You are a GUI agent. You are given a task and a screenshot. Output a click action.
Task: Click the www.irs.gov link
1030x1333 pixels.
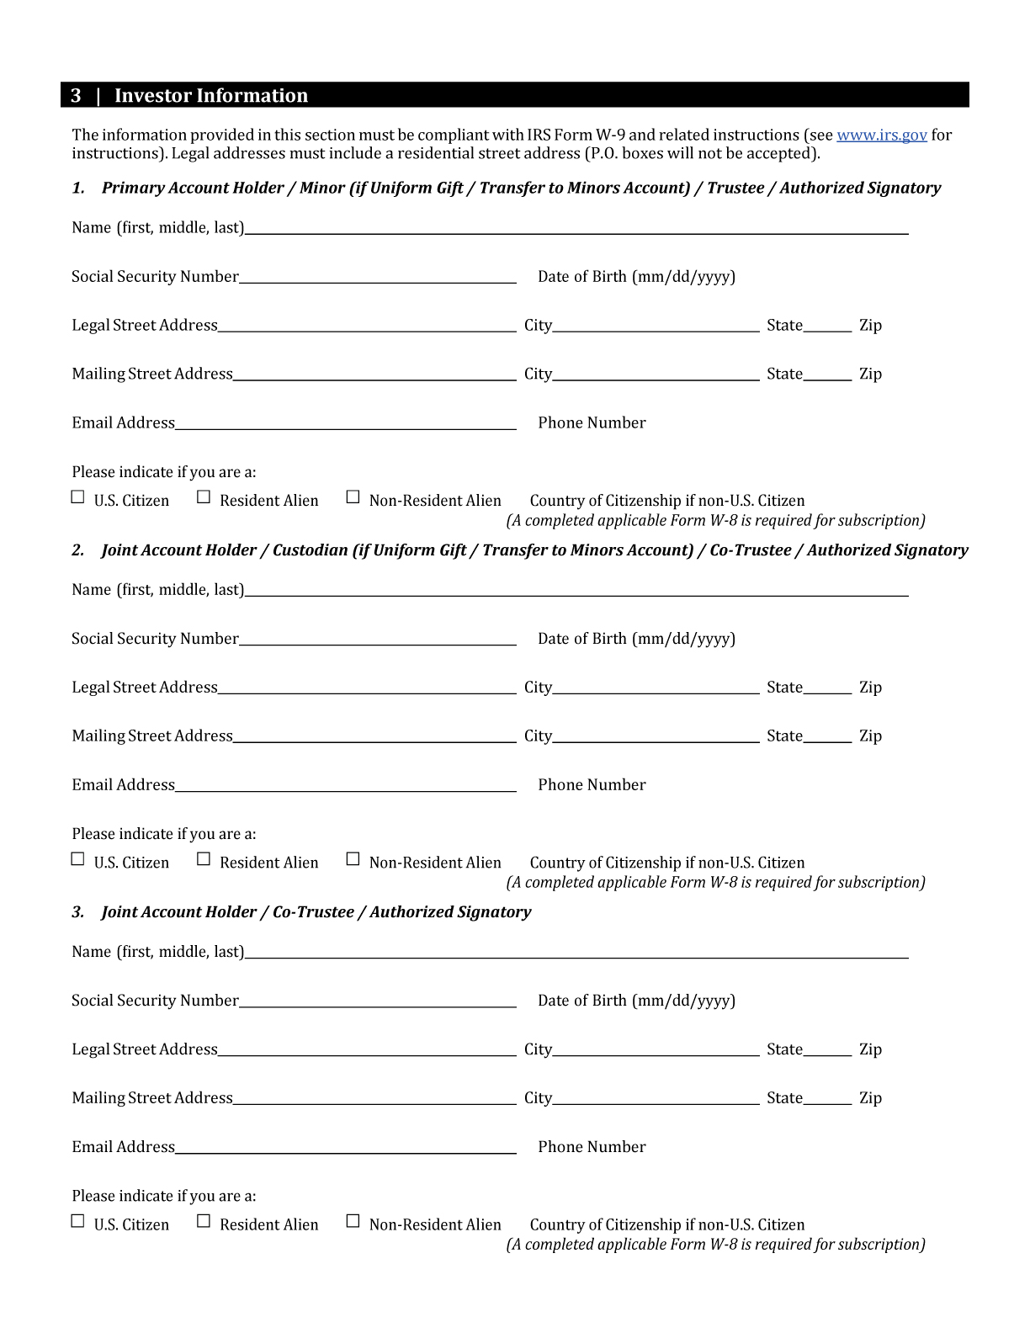point(881,135)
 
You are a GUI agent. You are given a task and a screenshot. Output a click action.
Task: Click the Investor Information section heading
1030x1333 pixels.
point(210,95)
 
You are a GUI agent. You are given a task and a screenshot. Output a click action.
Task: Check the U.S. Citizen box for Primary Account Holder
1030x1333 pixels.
point(78,497)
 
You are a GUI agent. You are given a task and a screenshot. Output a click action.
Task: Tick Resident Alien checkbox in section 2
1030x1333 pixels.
point(204,859)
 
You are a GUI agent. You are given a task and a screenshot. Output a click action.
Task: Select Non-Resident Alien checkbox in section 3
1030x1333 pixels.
point(353,1221)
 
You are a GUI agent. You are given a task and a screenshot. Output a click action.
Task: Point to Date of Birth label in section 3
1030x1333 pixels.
point(636,1001)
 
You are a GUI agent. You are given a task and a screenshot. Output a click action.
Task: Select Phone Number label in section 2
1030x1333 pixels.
point(592,785)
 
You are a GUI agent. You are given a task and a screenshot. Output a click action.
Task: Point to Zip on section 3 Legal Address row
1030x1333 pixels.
point(870,1049)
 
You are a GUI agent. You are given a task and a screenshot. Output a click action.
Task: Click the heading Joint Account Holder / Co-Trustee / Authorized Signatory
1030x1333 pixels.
point(316,912)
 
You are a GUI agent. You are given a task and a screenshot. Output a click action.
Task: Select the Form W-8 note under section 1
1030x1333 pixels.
point(715,521)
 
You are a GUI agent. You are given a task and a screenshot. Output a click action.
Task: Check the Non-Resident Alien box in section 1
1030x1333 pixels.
point(353,497)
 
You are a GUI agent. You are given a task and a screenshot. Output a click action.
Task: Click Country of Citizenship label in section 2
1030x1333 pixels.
point(666,863)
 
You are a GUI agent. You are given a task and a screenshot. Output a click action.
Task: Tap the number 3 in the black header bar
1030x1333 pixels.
point(76,95)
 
